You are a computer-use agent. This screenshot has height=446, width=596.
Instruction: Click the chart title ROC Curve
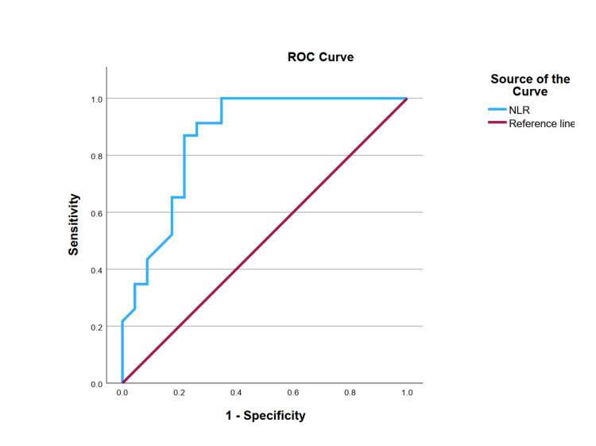(x=320, y=57)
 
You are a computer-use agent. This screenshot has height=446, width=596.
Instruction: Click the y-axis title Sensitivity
(x=73, y=224)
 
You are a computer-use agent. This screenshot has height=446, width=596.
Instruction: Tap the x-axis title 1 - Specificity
(x=265, y=416)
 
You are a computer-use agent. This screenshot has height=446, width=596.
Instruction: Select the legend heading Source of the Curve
(x=530, y=85)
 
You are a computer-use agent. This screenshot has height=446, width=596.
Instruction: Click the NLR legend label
(x=519, y=111)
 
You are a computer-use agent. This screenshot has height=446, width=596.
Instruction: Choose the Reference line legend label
(x=542, y=123)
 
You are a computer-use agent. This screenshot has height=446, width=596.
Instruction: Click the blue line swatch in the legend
(x=497, y=110)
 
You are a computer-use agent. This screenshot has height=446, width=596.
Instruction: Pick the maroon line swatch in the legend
(x=497, y=122)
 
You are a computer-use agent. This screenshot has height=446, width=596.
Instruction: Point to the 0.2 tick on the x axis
(x=179, y=393)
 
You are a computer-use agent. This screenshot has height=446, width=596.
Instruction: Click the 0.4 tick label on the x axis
(x=236, y=393)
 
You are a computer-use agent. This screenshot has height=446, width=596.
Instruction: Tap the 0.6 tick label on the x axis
(x=293, y=393)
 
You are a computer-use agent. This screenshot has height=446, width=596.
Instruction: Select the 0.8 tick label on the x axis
(x=350, y=393)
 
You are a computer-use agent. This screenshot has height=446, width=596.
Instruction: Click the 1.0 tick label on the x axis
(x=407, y=393)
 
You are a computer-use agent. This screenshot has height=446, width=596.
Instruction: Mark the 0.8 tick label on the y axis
(x=96, y=157)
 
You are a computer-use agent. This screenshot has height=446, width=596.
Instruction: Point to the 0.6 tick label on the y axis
(x=96, y=213)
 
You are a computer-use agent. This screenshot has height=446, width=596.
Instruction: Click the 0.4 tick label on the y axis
(x=96, y=270)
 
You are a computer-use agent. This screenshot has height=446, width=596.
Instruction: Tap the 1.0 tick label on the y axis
(x=96, y=99)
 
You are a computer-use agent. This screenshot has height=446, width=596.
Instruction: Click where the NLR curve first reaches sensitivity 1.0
(x=222, y=99)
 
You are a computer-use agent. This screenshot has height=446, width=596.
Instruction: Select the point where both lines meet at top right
(x=407, y=99)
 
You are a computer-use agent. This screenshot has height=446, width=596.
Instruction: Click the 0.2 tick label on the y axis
(x=96, y=328)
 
